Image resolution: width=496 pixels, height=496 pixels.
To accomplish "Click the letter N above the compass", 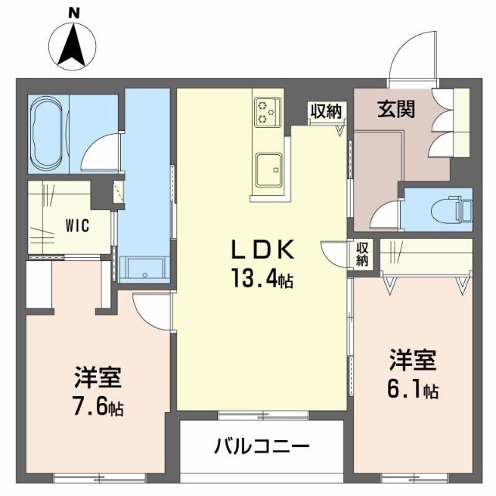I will pos(74,12).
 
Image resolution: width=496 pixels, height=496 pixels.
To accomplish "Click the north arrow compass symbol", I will pos(74,45).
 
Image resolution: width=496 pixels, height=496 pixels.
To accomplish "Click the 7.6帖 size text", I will pos(98,406).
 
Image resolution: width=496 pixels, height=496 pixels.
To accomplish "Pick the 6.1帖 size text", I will pos(412,389).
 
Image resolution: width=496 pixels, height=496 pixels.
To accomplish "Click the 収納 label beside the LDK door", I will pos(363,254).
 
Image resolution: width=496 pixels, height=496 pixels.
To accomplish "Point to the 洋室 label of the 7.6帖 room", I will pos(98,379).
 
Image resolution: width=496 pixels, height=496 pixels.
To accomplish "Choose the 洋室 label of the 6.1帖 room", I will pos(412,361).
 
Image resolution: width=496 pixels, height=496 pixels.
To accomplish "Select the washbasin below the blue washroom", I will pos(143,267).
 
